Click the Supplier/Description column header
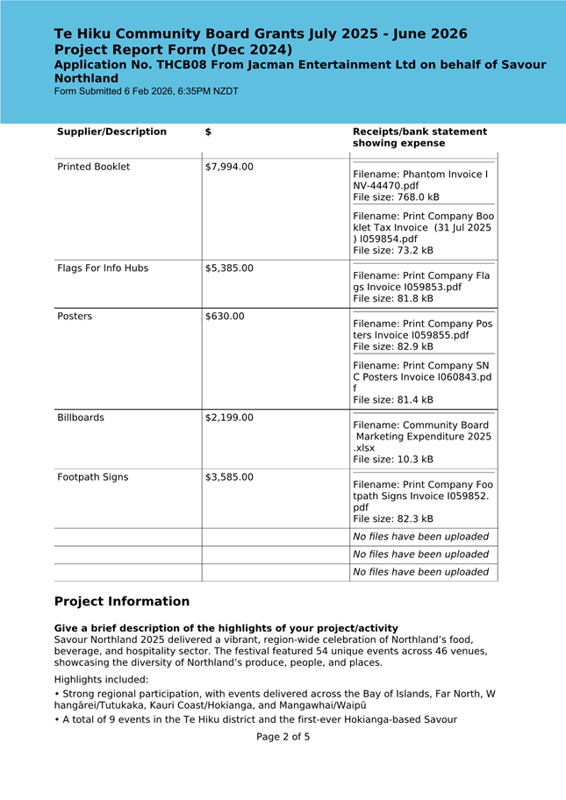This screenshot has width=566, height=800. click(111, 132)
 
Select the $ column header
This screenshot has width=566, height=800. click(208, 132)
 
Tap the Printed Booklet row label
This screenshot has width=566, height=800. click(93, 167)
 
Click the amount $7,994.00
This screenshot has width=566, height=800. click(229, 167)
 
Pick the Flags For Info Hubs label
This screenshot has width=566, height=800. click(103, 268)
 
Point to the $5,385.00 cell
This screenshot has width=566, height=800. click(229, 268)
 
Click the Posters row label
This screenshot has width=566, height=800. click(75, 316)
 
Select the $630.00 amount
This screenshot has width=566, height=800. click(225, 316)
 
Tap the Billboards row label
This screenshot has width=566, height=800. click(81, 418)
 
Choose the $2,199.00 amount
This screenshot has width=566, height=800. click(229, 418)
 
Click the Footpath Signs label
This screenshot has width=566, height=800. click(92, 477)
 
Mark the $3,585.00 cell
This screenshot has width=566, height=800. click(229, 477)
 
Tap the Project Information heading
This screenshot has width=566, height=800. click(122, 602)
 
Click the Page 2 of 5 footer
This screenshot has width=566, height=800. click(283, 737)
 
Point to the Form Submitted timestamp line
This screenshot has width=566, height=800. click(146, 91)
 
